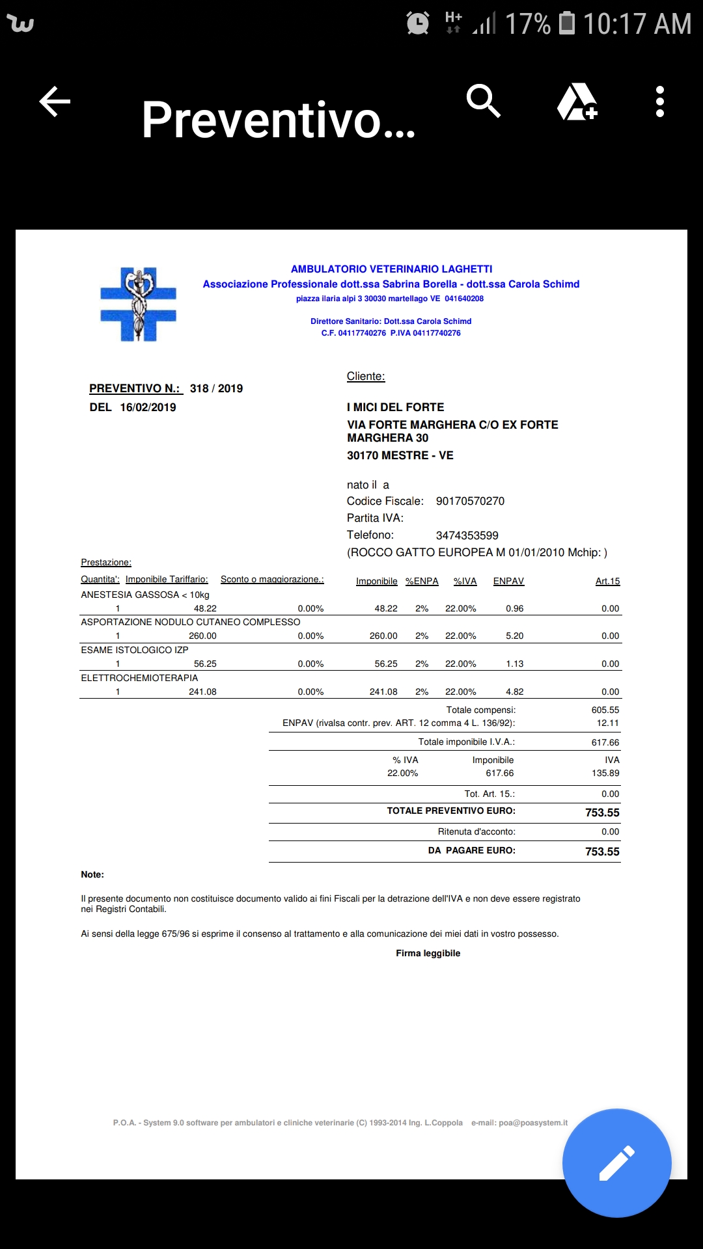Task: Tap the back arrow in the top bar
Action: pyautogui.click(x=55, y=102)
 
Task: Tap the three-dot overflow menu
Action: pyautogui.click(x=660, y=102)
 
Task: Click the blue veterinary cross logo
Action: pyautogui.click(x=138, y=304)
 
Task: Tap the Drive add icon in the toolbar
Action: pyautogui.click(x=577, y=102)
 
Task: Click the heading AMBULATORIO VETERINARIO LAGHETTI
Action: pyautogui.click(x=391, y=269)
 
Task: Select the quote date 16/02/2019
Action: pyautogui.click(x=148, y=407)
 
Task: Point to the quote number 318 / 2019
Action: pyautogui.click(x=216, y=388)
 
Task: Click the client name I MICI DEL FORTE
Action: pyautogui.click(x=395, y=407)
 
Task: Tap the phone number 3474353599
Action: pyautogui.click(x=467, y=535)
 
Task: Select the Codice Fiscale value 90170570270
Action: pyautogui.click(x=470, y=501)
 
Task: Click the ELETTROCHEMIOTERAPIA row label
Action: pyautogui.click(x=139, y=678)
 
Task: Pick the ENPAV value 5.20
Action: pyautogui.click(x=514, y=636)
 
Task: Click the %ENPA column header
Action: pyautogui.click(x=422, y=581)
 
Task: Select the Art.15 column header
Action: pyautogui.click(x=607, y=581)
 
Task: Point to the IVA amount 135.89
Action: pyautogui.click(x=605, y=773)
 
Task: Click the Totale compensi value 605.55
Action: pyautogui.click(x=605, y=710)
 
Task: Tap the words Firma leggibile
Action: pyautogui.click(x=428, y=953)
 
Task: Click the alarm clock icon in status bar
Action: pyautogui.click(x=417, y=23)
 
